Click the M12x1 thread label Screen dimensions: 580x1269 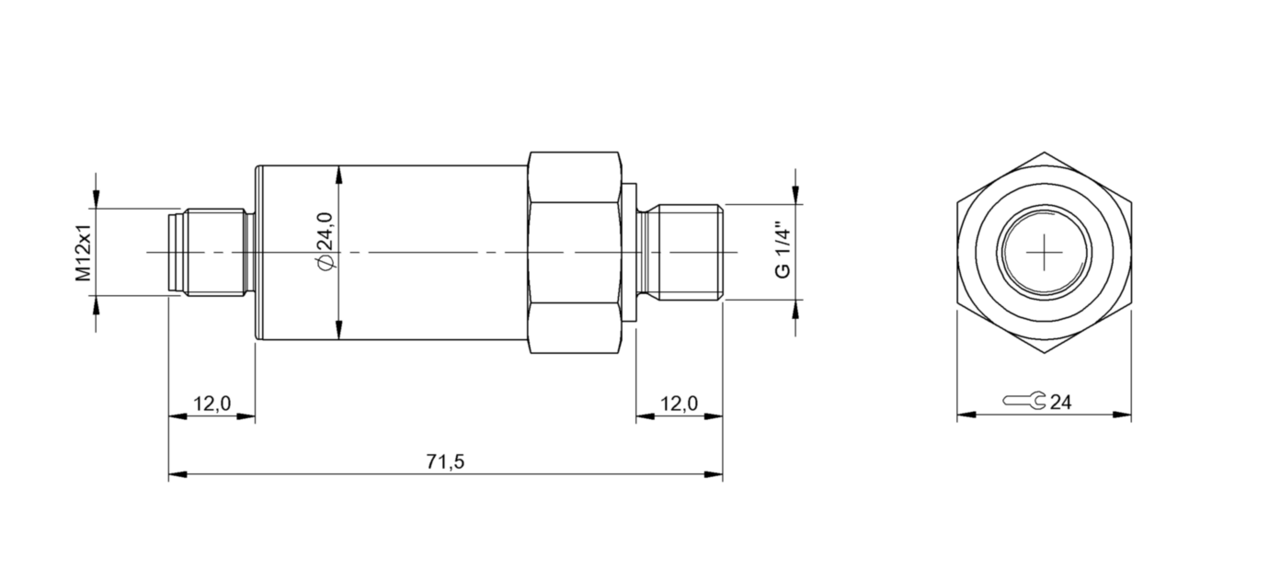tap(84, 252)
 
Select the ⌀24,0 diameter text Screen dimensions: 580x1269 tap(324, 241)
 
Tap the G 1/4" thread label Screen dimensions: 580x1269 tap(783, 249)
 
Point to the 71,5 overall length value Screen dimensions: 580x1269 tap(446, 462)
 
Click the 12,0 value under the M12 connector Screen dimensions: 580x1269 tap(211, 404)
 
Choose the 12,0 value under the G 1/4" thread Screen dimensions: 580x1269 tap(679, 404)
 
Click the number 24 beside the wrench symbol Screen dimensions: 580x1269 tap(1060, 403)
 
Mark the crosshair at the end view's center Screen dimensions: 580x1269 tap(1045, 252)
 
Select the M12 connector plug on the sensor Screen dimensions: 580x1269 tap(210, 252)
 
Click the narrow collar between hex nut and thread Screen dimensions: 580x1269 tap(630, 252)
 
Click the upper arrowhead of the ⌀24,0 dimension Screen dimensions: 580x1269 tap(340, 173)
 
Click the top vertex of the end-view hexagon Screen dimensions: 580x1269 tap(1045, 153)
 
